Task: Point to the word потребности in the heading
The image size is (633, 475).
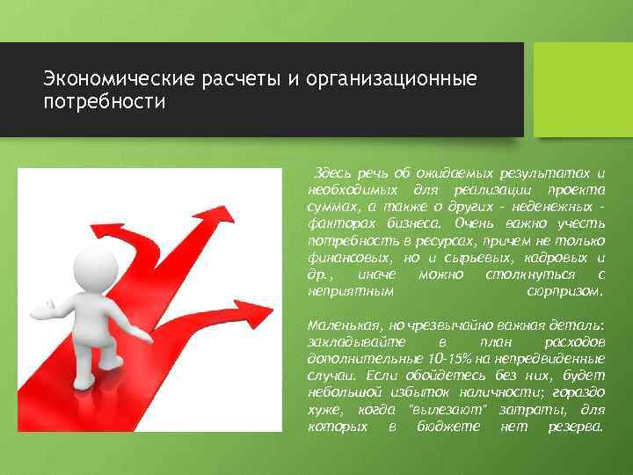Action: click(105, 104)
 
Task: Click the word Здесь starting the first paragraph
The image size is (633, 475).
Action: click(333, 173)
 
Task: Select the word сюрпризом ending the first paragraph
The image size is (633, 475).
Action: click(564, 289)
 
